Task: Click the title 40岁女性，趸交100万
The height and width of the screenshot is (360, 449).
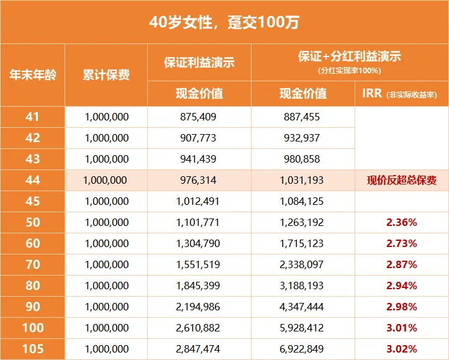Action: (224, 22)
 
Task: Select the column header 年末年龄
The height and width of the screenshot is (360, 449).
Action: (32, 75)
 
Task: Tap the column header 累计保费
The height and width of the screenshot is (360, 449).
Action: (106, 75)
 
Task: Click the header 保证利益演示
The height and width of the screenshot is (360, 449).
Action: (199, 63)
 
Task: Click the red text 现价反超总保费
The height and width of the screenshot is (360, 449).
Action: (401, 181)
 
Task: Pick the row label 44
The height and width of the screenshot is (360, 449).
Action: (32, 181)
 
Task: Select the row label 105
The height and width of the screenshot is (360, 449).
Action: (32, 349)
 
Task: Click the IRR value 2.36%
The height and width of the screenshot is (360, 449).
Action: (401, 223)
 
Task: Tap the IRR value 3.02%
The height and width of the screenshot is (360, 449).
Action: (401, 349)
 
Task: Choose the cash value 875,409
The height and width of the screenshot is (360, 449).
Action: (199, 117)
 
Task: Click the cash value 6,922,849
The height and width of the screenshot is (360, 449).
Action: (302, 349)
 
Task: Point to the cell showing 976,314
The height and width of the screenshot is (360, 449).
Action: (199, 181)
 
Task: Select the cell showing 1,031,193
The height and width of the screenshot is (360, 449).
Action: (302, 181)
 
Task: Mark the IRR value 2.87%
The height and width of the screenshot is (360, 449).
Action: (401, 265)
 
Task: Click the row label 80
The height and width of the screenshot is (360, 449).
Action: (32, 286)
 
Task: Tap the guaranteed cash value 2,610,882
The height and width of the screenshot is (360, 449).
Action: (199, 328)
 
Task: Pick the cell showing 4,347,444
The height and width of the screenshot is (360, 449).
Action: (302, 307)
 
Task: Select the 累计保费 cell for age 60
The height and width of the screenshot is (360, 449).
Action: (106, 244)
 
